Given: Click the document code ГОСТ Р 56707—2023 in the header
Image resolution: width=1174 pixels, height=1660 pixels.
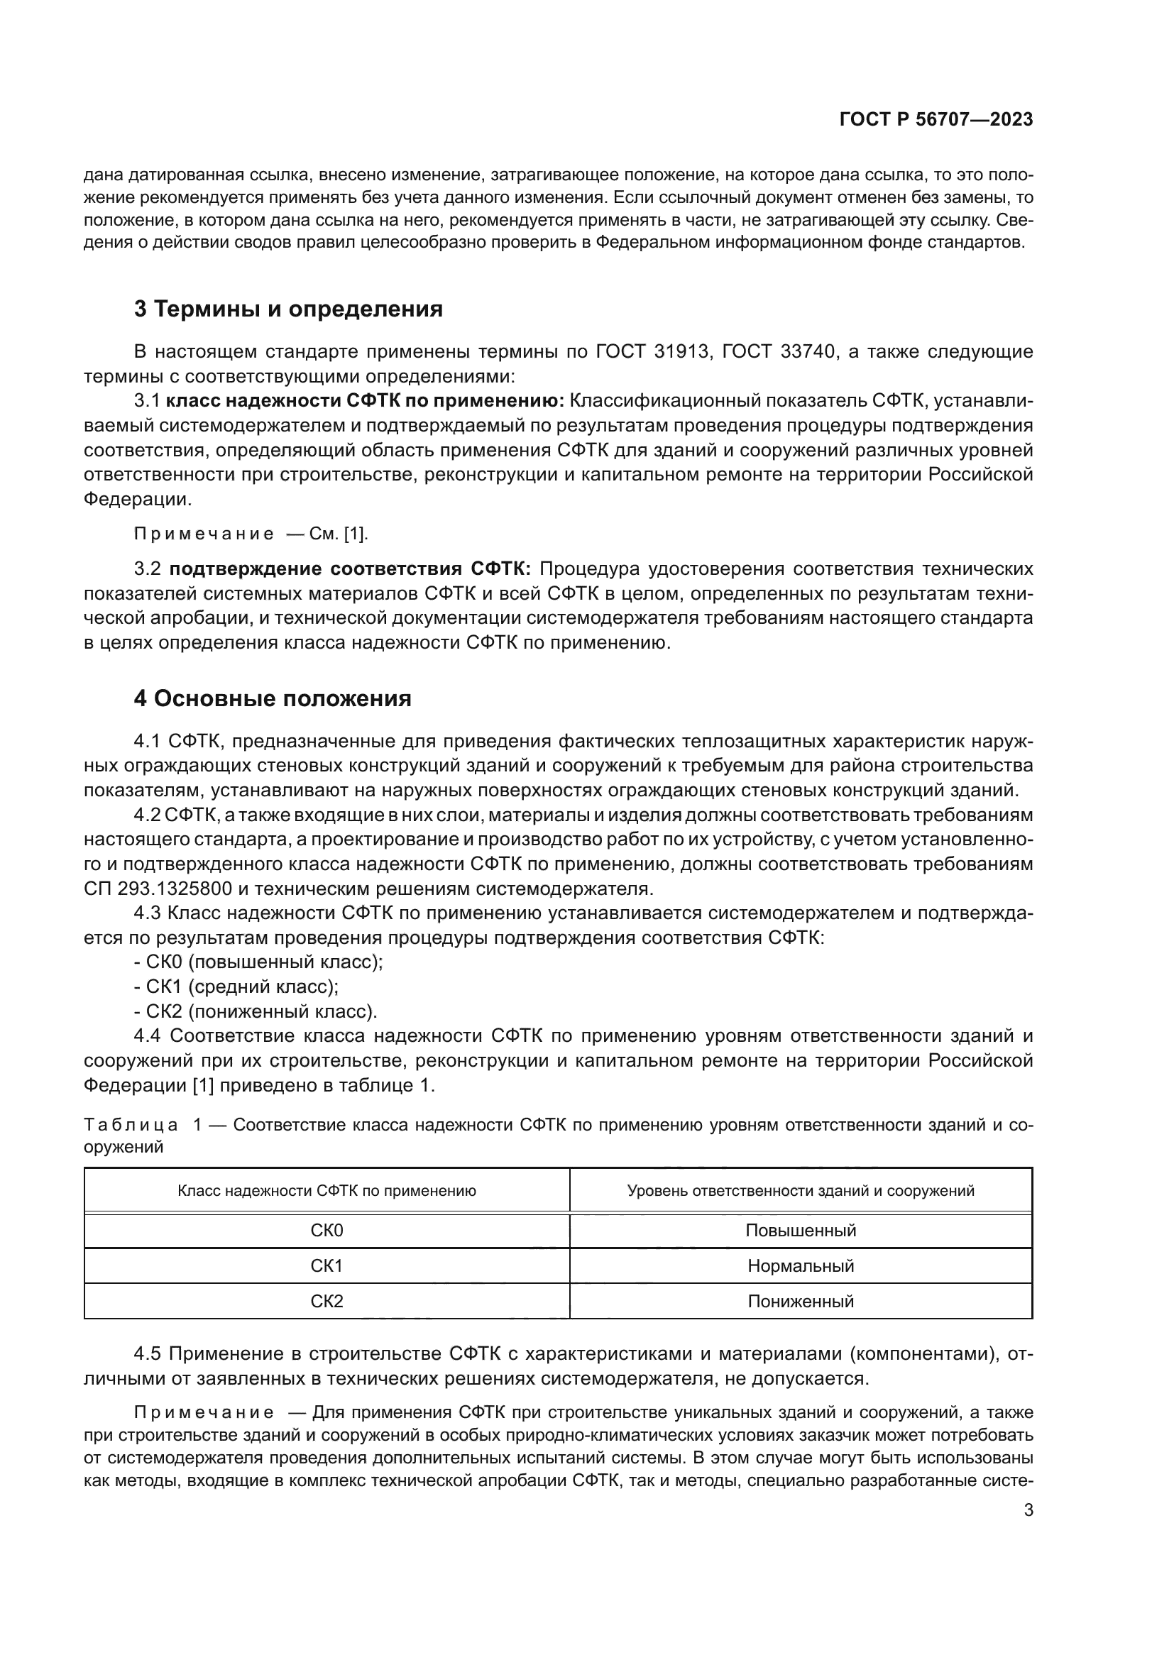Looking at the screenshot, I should coord(936,120).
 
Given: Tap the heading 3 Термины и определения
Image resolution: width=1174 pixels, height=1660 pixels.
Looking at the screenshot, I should coord(287,309).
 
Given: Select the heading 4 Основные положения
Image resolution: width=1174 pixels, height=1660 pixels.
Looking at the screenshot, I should coord(273,699).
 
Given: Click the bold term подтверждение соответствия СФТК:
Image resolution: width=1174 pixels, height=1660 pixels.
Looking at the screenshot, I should coord(350,569).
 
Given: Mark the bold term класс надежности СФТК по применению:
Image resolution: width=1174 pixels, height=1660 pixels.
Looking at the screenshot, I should coord(365,400).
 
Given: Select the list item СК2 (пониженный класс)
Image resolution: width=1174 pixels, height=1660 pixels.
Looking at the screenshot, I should coord(261,1011).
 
